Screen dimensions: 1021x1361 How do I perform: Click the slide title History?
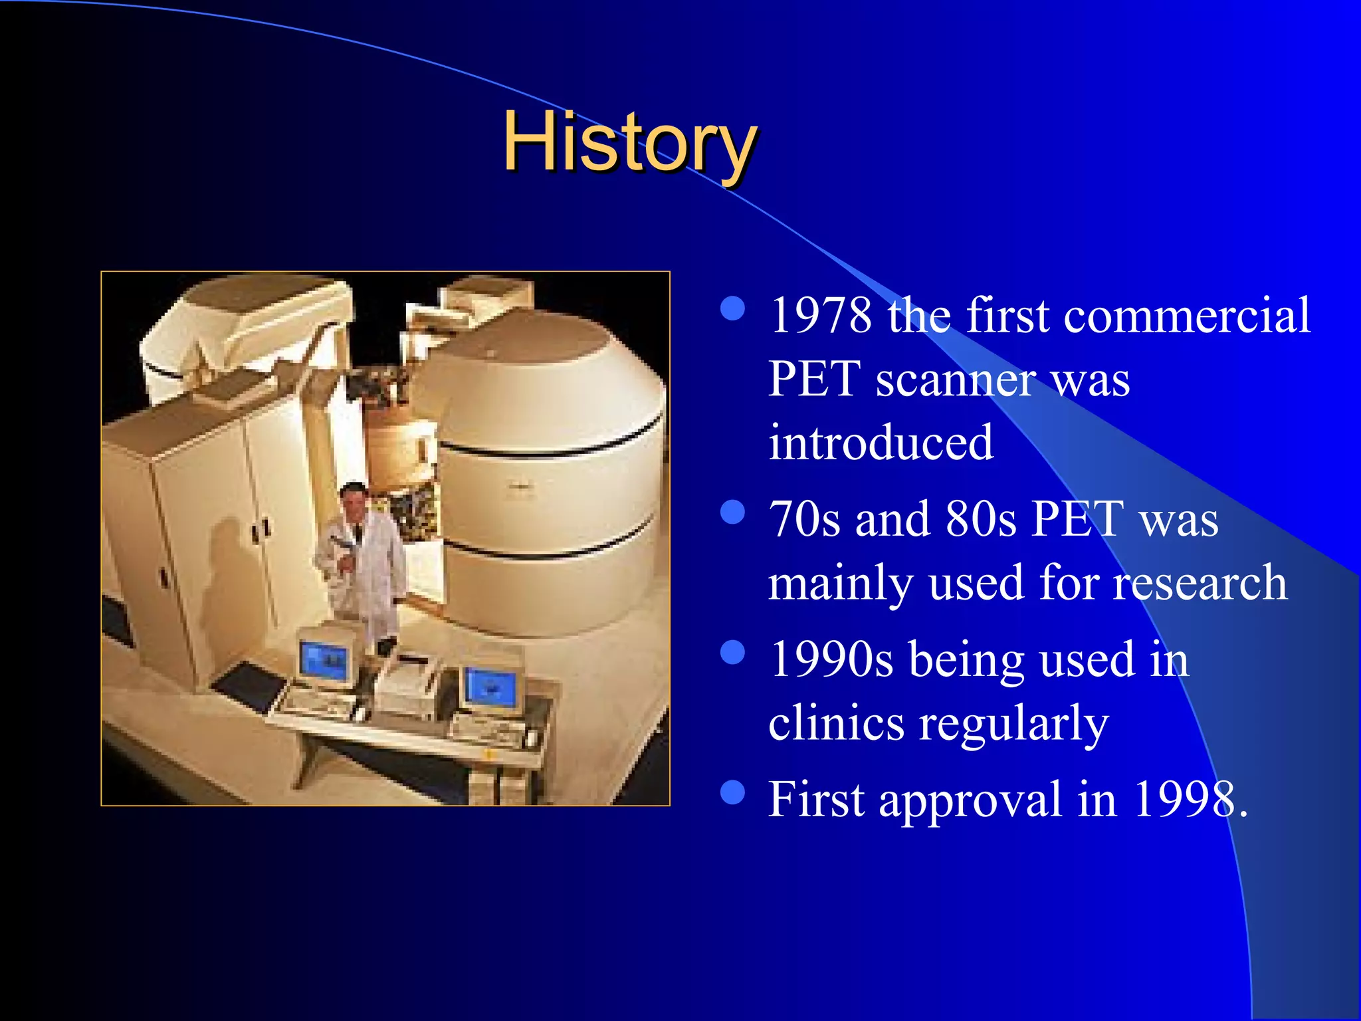tap(629, 142)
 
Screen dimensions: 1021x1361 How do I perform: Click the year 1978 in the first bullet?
tap(821, 316)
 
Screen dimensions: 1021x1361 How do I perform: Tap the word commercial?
tap(1187, 316)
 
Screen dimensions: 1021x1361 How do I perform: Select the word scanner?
tap(955, 381)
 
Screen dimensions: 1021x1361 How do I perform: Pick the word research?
tap(1200, 583)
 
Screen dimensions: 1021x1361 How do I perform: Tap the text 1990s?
tap(831, 660)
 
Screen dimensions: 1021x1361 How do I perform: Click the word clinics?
tap(836, 724)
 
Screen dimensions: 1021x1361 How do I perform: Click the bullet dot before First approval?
tap(732, 792)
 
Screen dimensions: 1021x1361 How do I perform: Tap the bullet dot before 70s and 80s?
tap(732, 512)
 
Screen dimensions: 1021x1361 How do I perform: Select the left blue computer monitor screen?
tap(325, 660)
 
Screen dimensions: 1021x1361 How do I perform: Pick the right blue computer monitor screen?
tap(490, 689)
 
